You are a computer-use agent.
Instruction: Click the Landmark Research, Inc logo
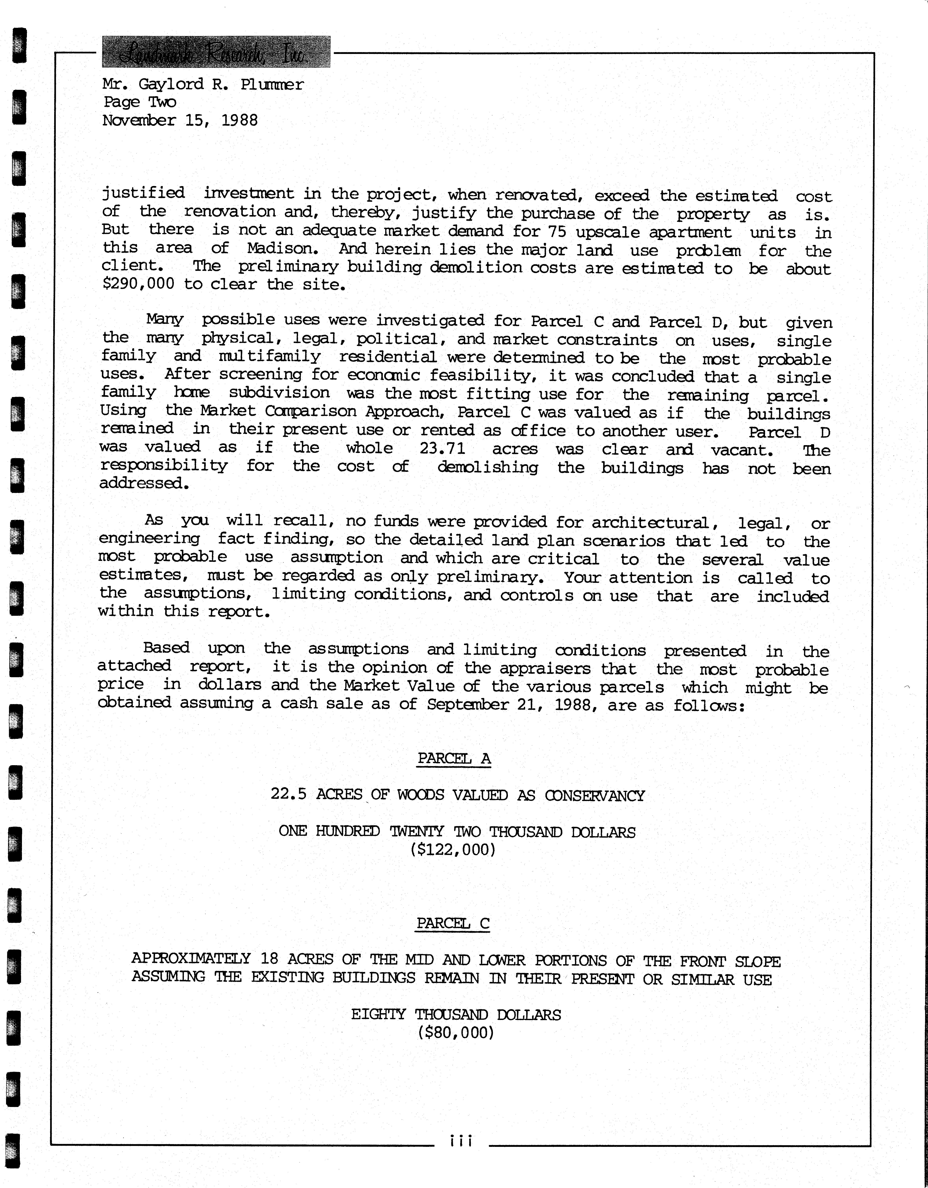216,52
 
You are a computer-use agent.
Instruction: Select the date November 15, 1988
180,120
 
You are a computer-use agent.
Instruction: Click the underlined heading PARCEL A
454,758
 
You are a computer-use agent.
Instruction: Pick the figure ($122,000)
453,849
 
